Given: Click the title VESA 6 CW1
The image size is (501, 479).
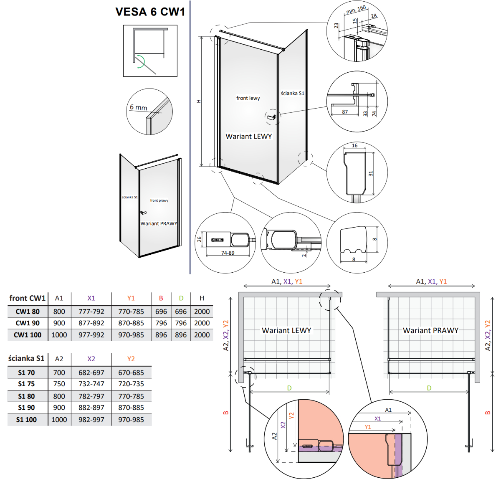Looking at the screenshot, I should click(150, 12).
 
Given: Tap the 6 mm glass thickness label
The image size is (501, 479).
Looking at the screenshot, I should click(138, 107).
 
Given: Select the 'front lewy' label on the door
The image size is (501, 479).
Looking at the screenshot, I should click(248, 98).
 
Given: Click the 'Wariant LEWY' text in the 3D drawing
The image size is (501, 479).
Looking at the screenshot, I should click(248, 137).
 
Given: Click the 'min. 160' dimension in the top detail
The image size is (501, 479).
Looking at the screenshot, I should click(356, 10).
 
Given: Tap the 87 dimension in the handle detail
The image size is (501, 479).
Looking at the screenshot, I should click(345, 112).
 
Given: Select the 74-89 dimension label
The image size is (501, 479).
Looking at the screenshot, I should click(228, 253).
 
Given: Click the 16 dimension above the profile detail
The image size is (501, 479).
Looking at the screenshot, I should click(354, 146).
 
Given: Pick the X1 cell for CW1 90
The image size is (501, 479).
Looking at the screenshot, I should click(91, 323).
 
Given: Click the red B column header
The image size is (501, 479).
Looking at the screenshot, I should click(161, 298).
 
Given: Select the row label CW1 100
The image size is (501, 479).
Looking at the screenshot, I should click(28, 335).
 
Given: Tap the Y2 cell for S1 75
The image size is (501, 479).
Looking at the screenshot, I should click(131, 384).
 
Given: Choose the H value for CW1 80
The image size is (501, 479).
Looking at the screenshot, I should click(202, 312).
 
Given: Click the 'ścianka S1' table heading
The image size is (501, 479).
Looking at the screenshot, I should click(26, 358).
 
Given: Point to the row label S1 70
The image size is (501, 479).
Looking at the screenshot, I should click(26, 373).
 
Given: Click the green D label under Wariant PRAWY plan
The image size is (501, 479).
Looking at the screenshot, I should click(429, 388).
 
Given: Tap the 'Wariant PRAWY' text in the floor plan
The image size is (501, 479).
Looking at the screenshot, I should click(430, 330).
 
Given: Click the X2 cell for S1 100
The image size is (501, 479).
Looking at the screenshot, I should click(91, 420).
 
